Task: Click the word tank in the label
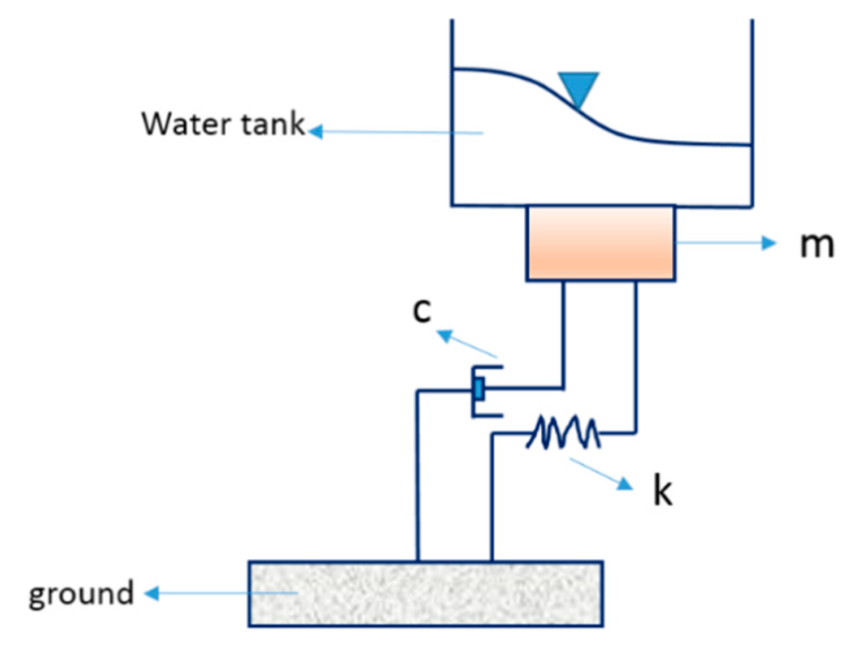tap(273, 123)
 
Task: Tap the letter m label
tap(816, 245)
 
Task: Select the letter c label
tap(421, 310)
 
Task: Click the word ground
tap(81, 594)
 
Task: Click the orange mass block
tap(601, 243)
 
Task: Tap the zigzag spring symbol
tap(563, 433)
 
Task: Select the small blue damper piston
tap(479, 390)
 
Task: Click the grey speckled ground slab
tap(425, 594)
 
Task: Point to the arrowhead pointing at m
tap(770, 243)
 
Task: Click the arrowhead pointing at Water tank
tap(315, 132)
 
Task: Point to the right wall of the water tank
tap(752, 113)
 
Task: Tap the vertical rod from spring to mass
tap(636, 356)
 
